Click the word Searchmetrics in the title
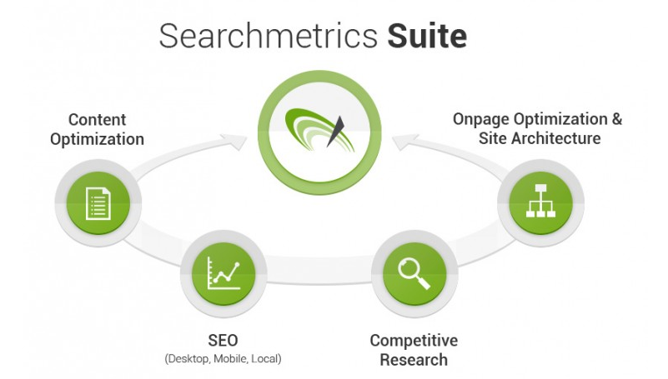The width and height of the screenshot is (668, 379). click(x=269, y=37)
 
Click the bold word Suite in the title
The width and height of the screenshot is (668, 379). click(x=427, y=37)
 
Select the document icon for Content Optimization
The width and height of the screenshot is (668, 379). click(x=98, y=201)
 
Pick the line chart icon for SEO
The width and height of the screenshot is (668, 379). click(x=222, y=272)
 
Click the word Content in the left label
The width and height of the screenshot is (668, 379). click(x=97, y=120)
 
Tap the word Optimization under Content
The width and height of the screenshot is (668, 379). click(x=97, y=139)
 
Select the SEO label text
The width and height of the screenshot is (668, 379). click(x=222, y=341)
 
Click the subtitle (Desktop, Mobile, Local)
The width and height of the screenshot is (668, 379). click(x=223, y=359)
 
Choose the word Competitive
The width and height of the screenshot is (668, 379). click(x=414, y=341)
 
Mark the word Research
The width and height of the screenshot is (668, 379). click(x=414, y=360)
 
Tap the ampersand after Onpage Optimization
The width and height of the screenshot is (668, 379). click(x=615, y=118)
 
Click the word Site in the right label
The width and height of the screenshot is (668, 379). click(x=492, y=138)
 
